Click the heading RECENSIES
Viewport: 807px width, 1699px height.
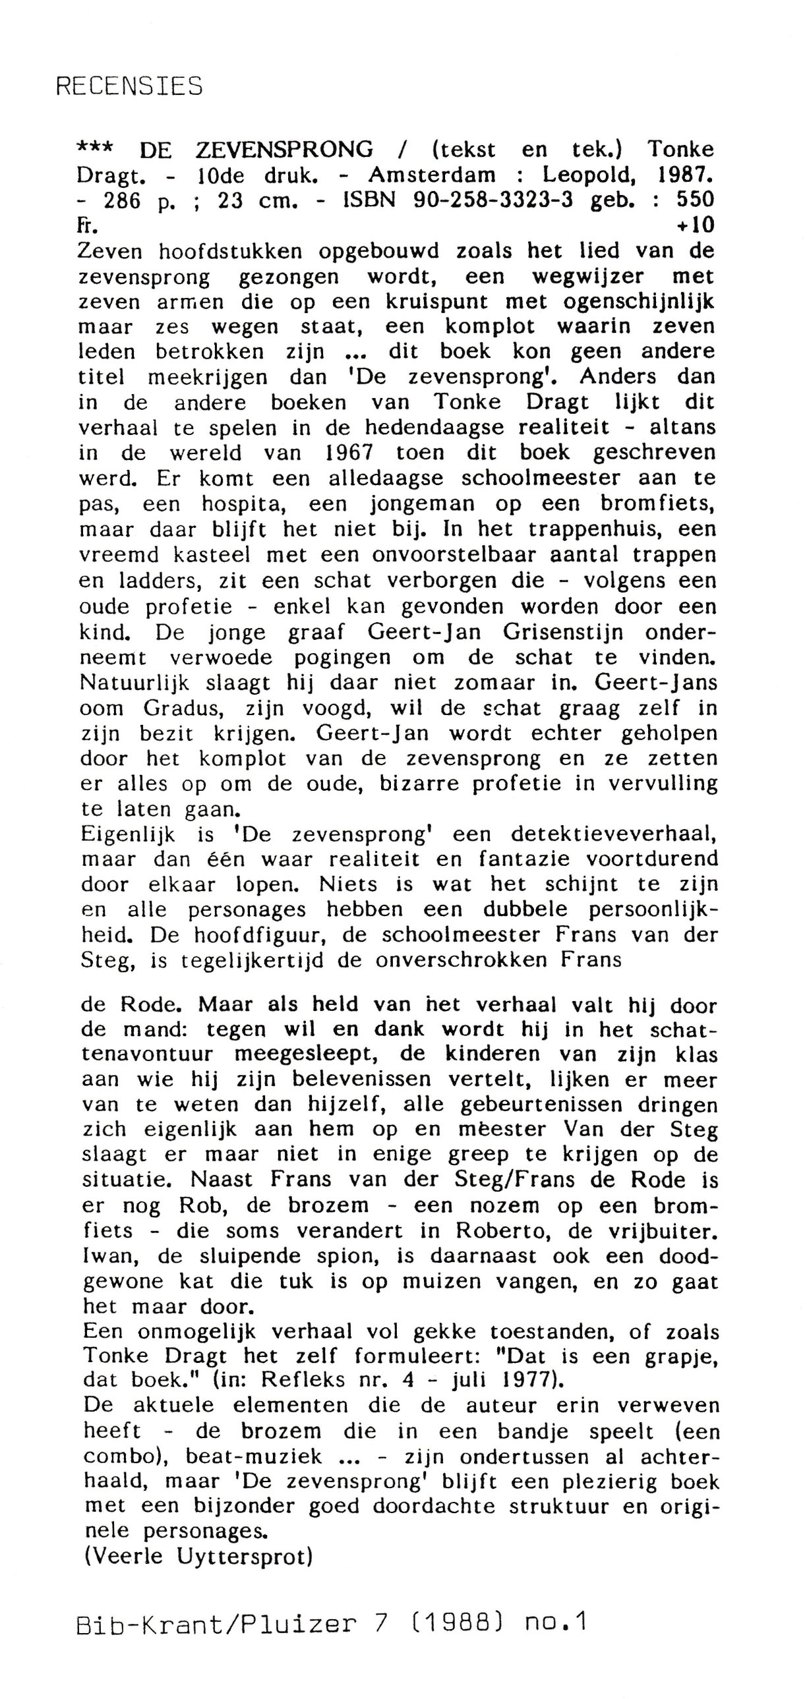pyautogui.click(x=129, y=86)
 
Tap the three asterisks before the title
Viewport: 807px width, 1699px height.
pyautogui.click(x=95, y=149)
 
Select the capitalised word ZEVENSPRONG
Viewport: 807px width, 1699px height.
pyautogui.click(x=284, y=150)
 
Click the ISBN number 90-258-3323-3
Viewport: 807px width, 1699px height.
pyautogui.click(x=493, y=200)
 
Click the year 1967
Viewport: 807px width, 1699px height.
pyautogui.click(x=349, y=453)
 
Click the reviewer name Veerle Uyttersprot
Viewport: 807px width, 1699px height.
pyautogui.click(x=198, y=1557)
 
